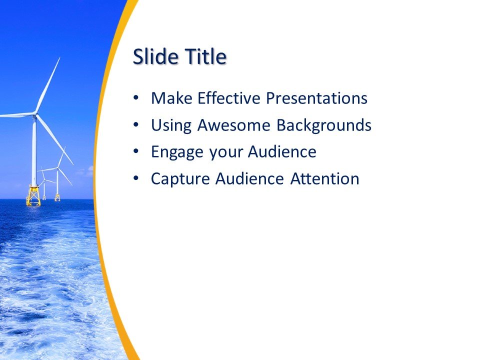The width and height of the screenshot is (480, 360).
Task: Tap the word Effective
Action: [x=229, y=98]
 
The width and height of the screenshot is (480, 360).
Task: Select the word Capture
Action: [x=180, y=179]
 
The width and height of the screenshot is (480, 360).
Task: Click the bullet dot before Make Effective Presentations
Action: [x=136, y=98]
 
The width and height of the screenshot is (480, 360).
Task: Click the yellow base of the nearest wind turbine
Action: [x=33, y=195]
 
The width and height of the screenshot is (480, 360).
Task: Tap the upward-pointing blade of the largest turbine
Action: [x=48, y=85]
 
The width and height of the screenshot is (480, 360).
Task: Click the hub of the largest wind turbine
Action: [x=35, y=115]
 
